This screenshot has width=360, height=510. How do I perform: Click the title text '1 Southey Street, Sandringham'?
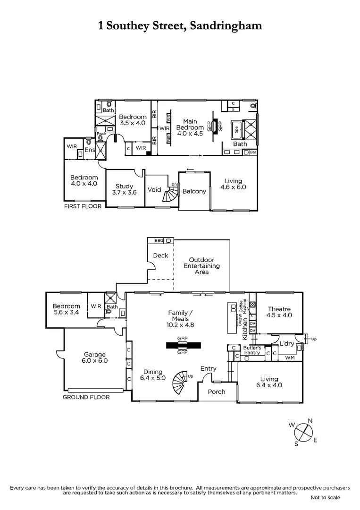coord(180,25)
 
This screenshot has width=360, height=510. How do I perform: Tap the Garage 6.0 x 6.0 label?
coord(95,357)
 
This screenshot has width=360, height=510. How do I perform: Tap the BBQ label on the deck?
coord(159,240)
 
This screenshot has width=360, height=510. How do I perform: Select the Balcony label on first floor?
coord(194,191)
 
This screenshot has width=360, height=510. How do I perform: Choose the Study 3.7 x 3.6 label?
coord(124,189)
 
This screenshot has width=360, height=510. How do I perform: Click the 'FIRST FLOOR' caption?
coord(83,206)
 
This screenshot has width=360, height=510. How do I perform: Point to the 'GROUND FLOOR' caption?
coord(86,397)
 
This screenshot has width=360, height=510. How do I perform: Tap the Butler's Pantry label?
coord(251,350)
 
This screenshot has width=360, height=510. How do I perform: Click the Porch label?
coord(217,391)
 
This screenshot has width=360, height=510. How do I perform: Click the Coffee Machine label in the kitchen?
coord(242,307)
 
